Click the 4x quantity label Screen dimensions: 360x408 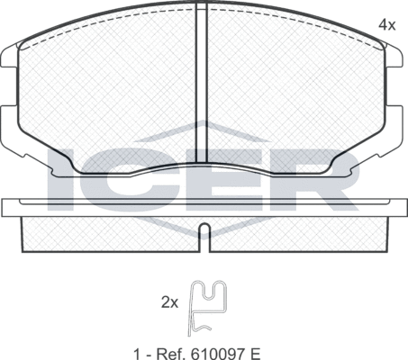(x=386, y=25)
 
